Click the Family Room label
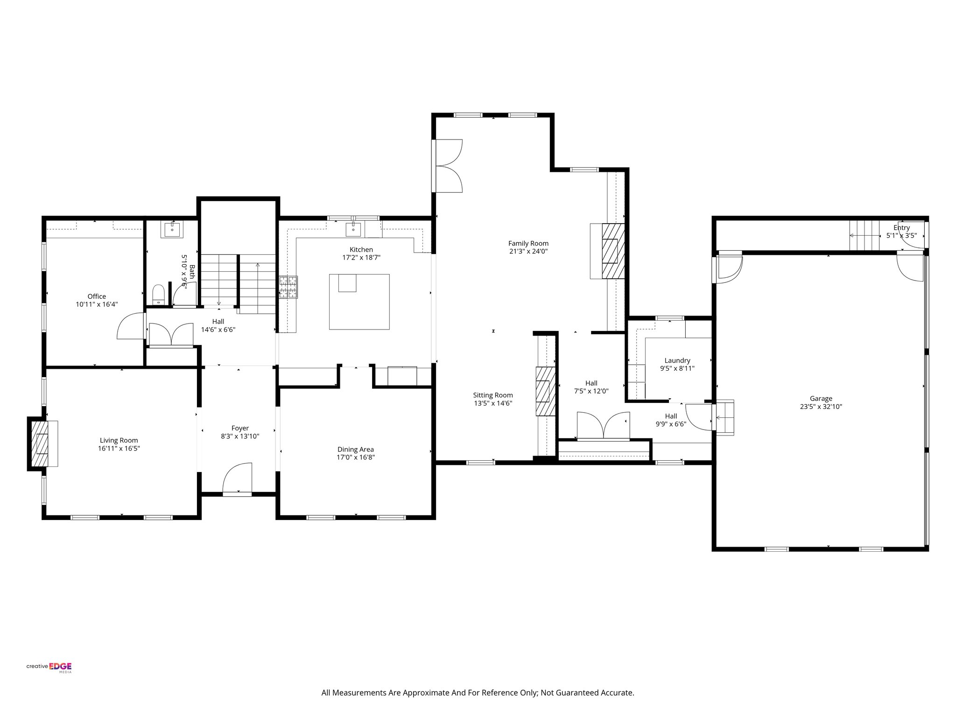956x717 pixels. coord(528,243)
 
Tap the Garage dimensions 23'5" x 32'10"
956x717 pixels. coord(821,407)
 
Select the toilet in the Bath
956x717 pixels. coord(159,295)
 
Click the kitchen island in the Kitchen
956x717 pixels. coord(359,302)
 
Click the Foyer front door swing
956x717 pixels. coord(237,478)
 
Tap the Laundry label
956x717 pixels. coord(677,360)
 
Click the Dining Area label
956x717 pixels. coord(355,450)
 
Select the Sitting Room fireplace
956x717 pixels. coord(545,391)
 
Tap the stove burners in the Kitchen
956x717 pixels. coord(288,287)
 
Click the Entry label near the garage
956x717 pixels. coord(901,228)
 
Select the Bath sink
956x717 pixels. coord(172,230)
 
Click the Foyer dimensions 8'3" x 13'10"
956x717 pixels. coord(240,436)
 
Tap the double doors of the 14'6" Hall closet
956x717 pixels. coord(170,334)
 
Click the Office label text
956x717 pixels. coord(97,296)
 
